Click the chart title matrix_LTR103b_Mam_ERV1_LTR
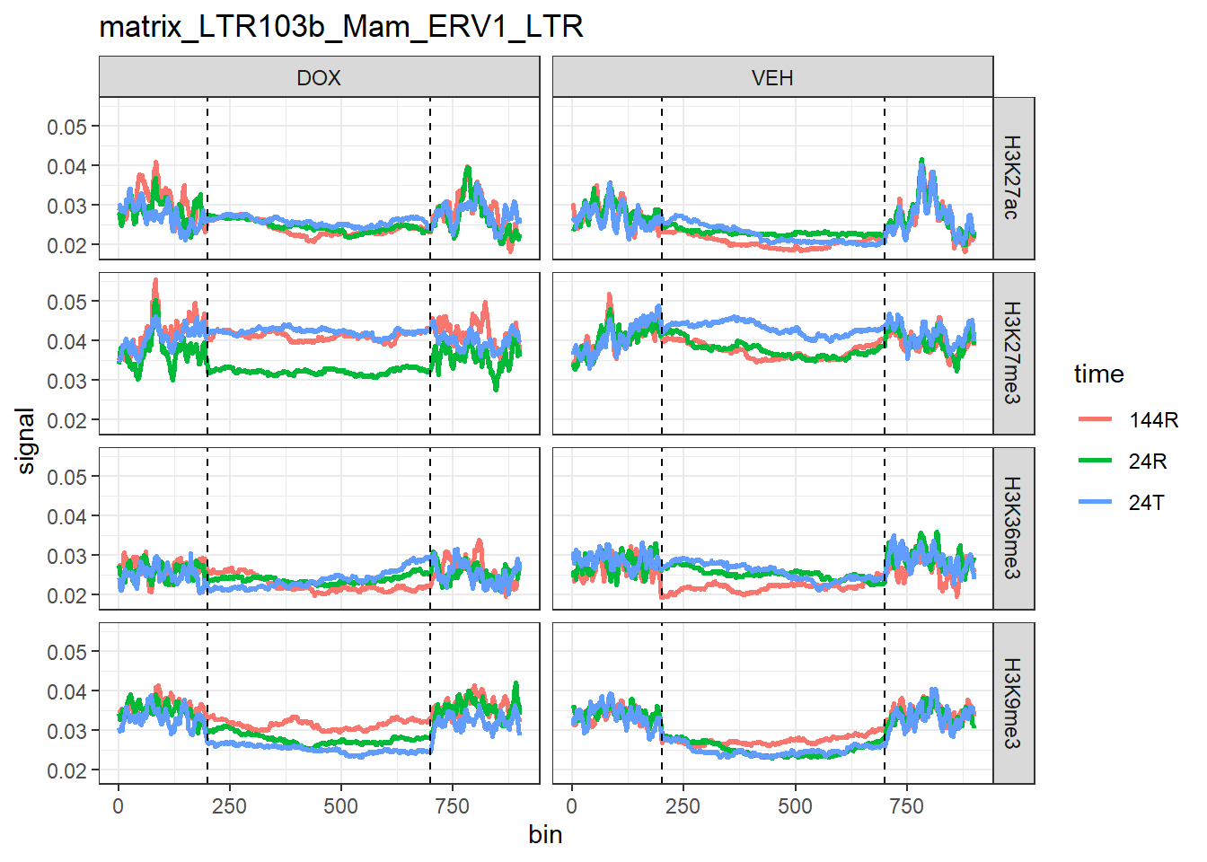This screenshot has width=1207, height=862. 341,27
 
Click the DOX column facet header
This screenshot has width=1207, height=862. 319,78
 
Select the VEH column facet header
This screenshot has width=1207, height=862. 772,78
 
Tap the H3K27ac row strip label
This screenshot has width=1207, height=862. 1012,178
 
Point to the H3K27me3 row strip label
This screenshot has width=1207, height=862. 1012,353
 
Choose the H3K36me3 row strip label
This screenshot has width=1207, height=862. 1012,528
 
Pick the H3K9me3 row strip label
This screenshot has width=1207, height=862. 1012,703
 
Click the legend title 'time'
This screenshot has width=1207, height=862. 1098,374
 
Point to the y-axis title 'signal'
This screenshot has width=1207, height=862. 26,440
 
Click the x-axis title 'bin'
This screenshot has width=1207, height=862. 545,835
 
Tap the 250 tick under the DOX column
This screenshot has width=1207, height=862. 229,806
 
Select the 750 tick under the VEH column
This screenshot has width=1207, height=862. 906,806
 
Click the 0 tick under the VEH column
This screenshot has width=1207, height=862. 572,806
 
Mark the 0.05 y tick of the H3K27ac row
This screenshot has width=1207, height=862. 67,127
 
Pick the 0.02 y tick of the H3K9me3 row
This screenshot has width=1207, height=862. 67,770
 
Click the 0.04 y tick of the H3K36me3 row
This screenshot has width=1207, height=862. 67,516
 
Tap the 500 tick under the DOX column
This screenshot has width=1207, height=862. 340,806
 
